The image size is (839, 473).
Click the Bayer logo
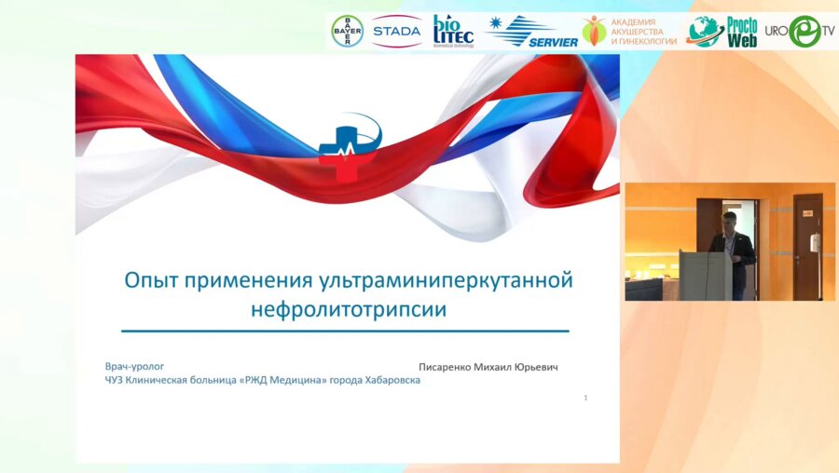348,31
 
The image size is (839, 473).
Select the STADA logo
396,31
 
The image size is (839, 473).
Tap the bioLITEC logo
453,31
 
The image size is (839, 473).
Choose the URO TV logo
800,31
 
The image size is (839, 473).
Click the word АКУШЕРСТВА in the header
637,32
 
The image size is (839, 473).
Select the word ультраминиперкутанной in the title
446,280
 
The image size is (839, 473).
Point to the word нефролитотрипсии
349,309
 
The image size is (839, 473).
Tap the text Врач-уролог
134,367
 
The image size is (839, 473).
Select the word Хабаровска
392,381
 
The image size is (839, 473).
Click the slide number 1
586,398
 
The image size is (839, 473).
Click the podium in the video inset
707,276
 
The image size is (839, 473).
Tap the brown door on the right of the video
807,246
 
